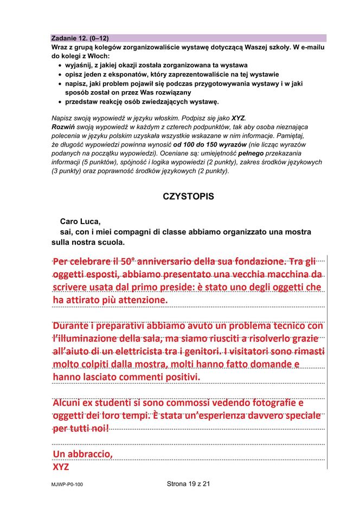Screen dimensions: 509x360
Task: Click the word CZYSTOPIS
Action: (188, 196)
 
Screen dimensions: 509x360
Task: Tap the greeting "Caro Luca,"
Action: (80, 221)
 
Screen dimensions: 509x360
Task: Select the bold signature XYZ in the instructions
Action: (238, 118)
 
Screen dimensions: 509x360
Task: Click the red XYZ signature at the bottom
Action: (61, 467)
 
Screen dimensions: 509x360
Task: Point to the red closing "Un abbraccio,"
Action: (82, 454)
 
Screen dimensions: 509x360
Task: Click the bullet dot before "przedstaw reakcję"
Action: (59, 101)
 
